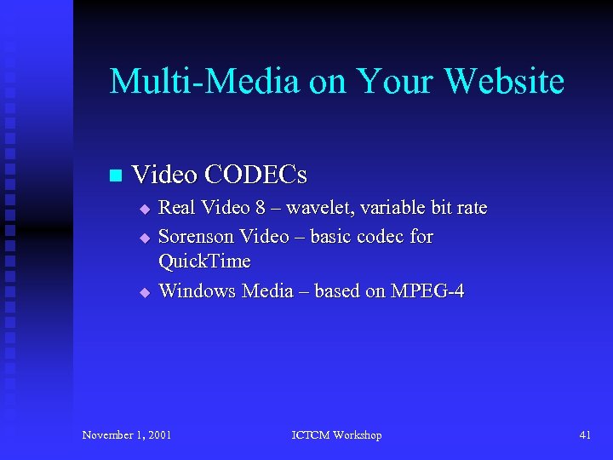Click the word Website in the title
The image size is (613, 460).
(x=505, y=82)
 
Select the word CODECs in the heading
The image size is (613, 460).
(x=258, y=175)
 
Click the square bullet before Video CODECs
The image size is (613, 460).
(x=117, y=176)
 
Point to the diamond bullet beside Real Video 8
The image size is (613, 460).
(x=145, y=209)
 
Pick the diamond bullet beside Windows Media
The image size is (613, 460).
(x=145, y=292)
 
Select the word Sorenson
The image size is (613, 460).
(x=196, y=236)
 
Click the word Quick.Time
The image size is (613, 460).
(x=204, y=262)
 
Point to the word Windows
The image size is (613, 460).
(x=198, y=291)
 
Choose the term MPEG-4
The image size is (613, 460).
(x=427, y=291)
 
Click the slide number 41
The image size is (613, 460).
(x=585, y=435)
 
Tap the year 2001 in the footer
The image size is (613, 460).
(x=158, y=435)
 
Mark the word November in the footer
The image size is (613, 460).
(x=106, y=435)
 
